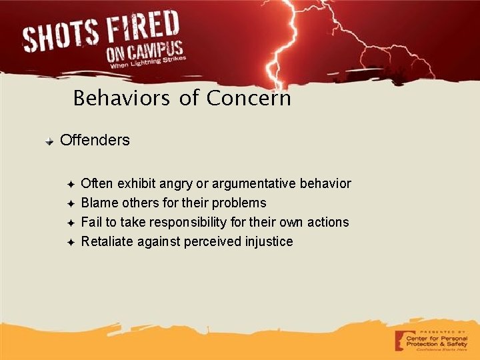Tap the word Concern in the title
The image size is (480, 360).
click(249, 99)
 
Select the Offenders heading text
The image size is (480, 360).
click(95, 141)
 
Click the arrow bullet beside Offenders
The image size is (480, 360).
click(49, 142)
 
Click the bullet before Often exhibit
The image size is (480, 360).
click(71, 184)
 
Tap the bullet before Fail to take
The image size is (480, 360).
click(71, 223)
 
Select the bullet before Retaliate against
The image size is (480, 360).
click(71, 242)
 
